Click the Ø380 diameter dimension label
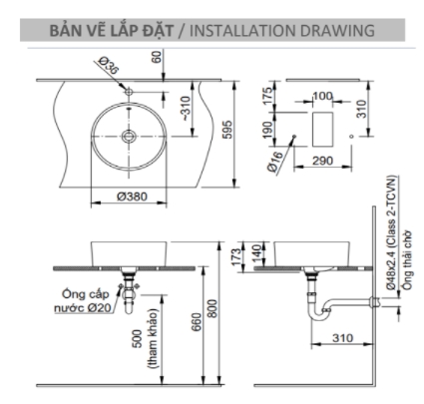[132, 197]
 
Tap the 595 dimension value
[227, 130]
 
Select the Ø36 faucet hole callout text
[109, 65]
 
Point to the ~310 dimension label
[186, 109]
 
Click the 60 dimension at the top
[157, 57]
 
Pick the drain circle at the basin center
[129, 136]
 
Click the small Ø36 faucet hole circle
[129, 91]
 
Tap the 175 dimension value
[268, 96]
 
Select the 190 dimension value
[268, 130]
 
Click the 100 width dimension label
[322, 96]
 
